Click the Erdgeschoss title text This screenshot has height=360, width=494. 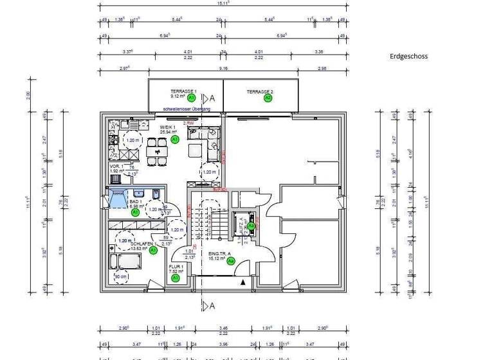408,56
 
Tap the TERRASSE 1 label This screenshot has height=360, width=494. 183,92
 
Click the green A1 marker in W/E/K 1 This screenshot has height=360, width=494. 175,139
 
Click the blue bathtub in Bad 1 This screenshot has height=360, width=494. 120,199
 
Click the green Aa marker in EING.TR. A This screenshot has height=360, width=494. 231,261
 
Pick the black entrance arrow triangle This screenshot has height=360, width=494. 242,282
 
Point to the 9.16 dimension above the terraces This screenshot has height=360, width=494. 223,67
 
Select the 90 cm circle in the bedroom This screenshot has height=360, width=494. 120,277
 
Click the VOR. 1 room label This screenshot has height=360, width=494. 116,168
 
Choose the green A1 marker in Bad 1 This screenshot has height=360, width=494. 135,212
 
